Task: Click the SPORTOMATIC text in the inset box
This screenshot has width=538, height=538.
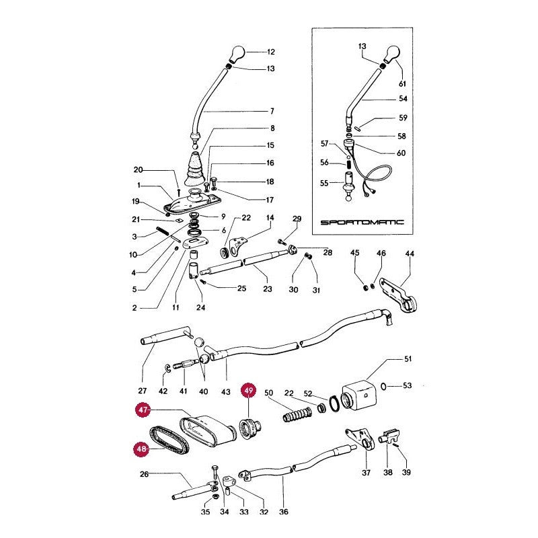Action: pyautogui.click(x=362, y=223)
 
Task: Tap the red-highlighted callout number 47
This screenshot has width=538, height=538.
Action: pyautogui.click(x=143, y=410)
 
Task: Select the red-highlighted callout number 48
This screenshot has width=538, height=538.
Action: pyautogui.click(x=141, y=449)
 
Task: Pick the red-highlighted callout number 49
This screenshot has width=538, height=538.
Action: pyautogui.click(x=248, y=391)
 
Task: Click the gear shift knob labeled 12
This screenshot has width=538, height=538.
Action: pyautogui.click(x=237, y=54)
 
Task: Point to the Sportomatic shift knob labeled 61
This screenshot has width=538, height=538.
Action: pyautogui.click(x=391, y=54)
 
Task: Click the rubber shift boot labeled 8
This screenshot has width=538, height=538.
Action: pyautogui.click(x=195, y=170)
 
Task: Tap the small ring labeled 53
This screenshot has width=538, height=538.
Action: pyautogui.click(x=383, y=387)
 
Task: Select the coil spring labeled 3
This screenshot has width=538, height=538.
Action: pyautogui.click(x=163, y=231)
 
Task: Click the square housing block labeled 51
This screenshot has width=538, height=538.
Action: pyautogui.click(x=359, y=397)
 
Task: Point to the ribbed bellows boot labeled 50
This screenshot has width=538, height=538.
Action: pyautogui.click(x=297, y=414)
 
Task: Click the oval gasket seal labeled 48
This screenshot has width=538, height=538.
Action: pyautogui.click(x=170, y=440)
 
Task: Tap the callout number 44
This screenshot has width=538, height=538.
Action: pyautogui.click(x=410, y=254)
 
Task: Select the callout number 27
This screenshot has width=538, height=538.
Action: pyautogui.click(x=142, y=391)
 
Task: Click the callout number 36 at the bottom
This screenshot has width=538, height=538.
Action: pyautogui.click(x=283, y=512)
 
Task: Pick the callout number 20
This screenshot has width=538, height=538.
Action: pyautogui.click(x=138, y=170)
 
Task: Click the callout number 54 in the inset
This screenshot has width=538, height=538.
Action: pyautogui.click(x=403, y=99)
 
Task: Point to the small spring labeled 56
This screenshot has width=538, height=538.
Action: pyautogui.click(x=349, y=164)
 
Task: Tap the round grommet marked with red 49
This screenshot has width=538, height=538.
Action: pyautogui.click(x=250, y=428)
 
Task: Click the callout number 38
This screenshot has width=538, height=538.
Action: pyautogui.click(x=388, y=473)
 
